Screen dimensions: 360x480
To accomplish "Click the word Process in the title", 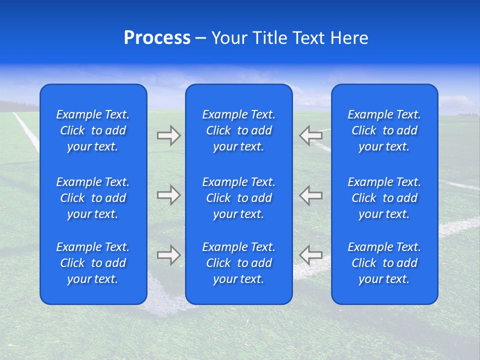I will [x=157, y=38].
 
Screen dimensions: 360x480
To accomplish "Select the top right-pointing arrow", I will [x=168, y=135].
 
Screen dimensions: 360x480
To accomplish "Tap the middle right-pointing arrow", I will [x=168, y=195].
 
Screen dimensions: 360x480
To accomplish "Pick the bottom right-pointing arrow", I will [x=168, y=255].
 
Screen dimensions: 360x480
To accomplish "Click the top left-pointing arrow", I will [x=311, y=135].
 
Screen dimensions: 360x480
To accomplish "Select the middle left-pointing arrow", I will [x=311, y=195].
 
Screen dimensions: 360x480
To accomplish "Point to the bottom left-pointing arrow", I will [x=311, y=255].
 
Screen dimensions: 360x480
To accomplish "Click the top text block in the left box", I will [x=93, y=130].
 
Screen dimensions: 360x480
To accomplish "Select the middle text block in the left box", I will [x=93, y=198].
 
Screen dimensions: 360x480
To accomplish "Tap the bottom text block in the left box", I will [x=93, y=263].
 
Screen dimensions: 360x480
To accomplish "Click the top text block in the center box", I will [x=239, y=130].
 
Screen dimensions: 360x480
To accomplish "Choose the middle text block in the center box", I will [x=239, y=198].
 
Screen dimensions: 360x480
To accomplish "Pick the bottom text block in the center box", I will [x=239, y=263].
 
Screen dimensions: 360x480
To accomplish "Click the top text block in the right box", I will [x=384, y=130].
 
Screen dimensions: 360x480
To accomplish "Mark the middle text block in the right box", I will [x=384, y=198].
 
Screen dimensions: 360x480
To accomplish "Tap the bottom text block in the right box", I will [x=384, y=263].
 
